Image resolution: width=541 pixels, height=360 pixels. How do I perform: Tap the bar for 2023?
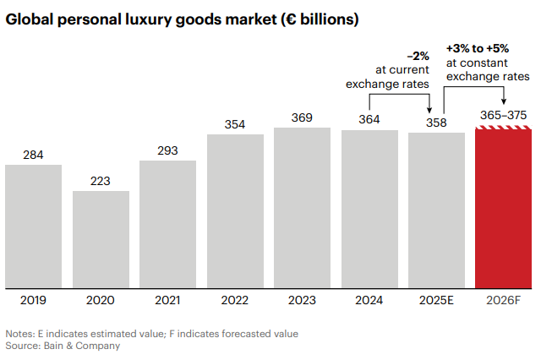pyautogui.click(x=302, y=207)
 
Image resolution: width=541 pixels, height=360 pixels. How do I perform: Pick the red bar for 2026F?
pyautogui.click(x=504, y=211)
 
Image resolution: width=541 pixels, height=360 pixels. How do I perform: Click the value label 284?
pyautogui.click(x=33, y=155)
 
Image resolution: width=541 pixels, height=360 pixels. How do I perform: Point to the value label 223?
pyautogui.click(x=101, y=181)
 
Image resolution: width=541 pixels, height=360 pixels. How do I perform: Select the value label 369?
pyautogui.click(x=302, y=117)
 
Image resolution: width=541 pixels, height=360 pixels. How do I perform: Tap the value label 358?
pyautogui.click(x=436, y=123)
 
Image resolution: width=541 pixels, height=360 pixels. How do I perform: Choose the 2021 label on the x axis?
pyautogui.click(x=167, y=300)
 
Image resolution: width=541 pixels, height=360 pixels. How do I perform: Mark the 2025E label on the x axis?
pyautogui.click(x=436, y=300)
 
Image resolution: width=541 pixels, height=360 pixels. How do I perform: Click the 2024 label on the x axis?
pyautogui.click(x=369, y=300)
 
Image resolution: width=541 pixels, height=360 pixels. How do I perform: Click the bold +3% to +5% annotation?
pyautogui.click(x=478, y=48)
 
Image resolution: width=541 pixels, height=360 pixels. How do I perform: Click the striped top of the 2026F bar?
pyautogui.click(x=504, y=128)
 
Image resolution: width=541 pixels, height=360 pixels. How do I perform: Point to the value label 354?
pyautogui.click(x=235, y=124)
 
